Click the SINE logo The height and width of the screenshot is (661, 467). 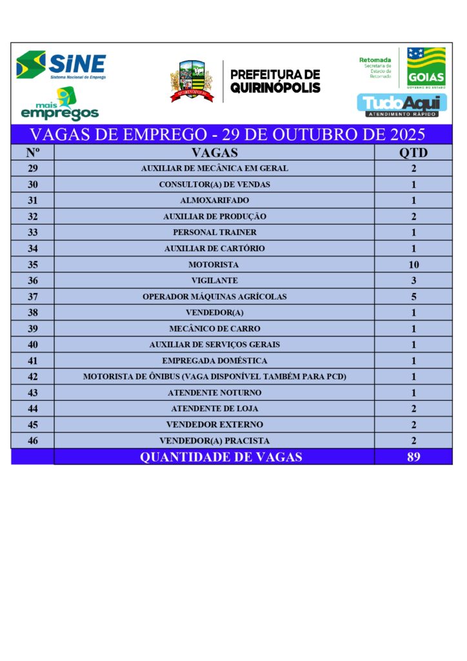tap(61, 65)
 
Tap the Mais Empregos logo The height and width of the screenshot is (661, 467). tap(59, 105)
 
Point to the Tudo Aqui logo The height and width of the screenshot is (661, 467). tap(402, 105)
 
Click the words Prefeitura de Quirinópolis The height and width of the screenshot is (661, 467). tap(275, 81)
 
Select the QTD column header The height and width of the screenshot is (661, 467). tap(413, 153)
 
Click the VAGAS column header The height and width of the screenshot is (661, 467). tap(214, 153)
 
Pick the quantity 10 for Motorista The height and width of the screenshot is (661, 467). tap(413, 265)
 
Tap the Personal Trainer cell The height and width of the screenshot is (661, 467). tap(214, 232)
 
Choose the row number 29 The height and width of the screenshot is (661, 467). tap(33, 168)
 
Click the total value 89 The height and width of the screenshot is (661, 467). tap(413, 457)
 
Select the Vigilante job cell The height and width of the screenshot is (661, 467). tap(214, 281)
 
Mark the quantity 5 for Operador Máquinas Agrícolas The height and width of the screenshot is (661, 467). tap(413, 297)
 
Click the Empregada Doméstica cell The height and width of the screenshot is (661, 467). tap(214, 361)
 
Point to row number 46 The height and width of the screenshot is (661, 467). tap(33, 441)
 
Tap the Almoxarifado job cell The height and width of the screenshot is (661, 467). tap(214, 201)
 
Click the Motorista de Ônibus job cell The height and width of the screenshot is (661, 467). tap(214, 377)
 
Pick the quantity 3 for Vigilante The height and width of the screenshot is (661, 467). tap(413, 281)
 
